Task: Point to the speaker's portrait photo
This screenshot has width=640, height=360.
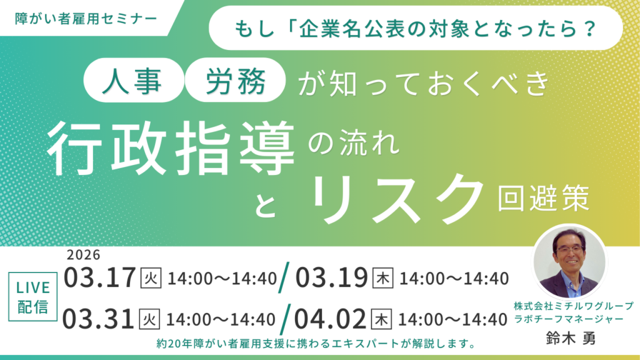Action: click(569, 261)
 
